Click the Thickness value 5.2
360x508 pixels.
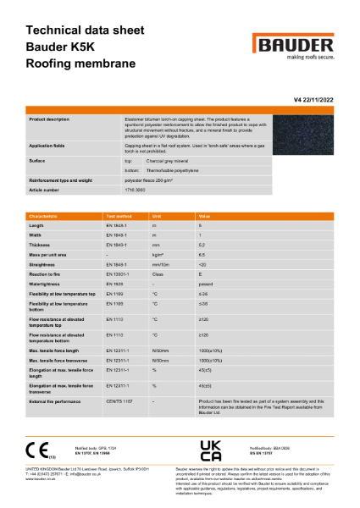[201, 244]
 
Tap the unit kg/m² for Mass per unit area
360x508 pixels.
[157, 253]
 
